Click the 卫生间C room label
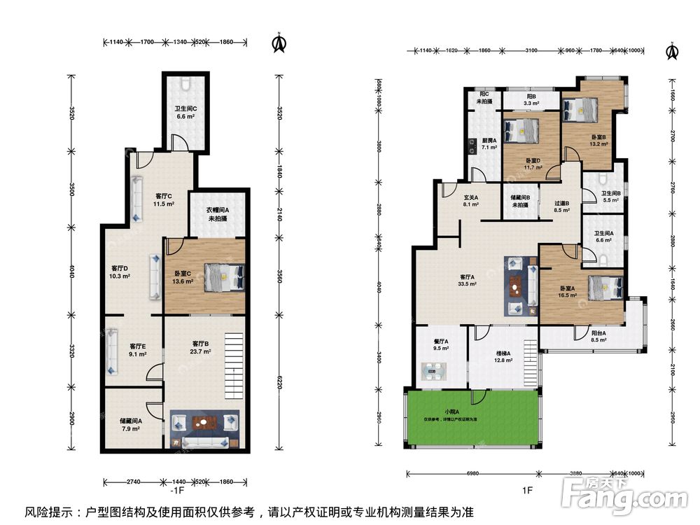[185, 112]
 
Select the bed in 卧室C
[224, 277]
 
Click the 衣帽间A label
[218, 213]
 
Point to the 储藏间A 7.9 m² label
[130, 424]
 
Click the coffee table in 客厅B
[204, 422]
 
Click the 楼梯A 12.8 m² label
[503, 357]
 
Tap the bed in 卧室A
[604, 286]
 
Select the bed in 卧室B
[581, 109]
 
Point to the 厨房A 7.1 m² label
[489, 143]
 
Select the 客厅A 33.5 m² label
[468, 280]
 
